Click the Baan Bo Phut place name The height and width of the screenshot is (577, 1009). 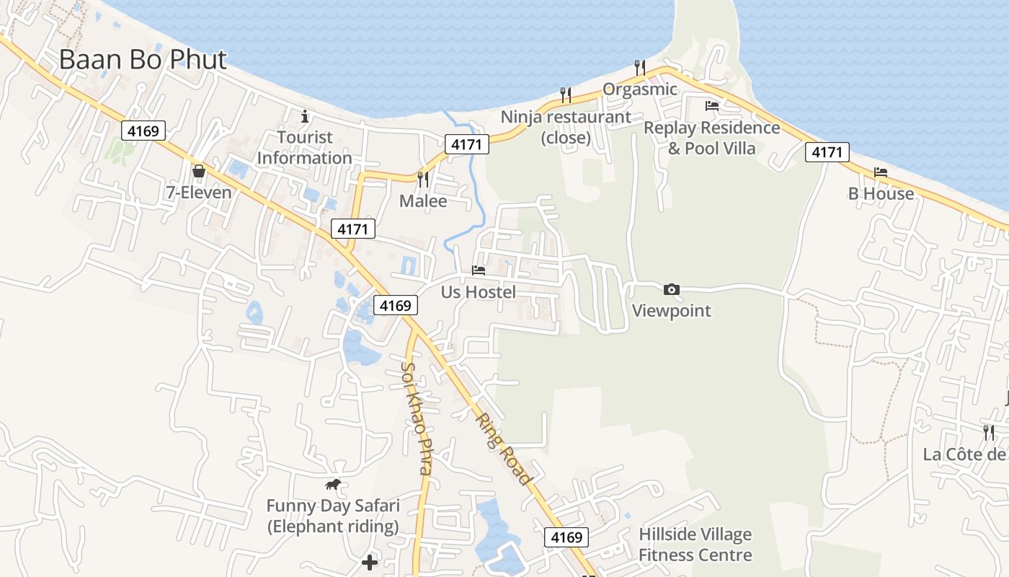tap(143, 60)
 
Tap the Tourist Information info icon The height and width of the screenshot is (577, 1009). tap(305, 115)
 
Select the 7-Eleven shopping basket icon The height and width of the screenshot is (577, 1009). tap(198, 172)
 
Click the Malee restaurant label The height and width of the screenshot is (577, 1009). tap(423, 201)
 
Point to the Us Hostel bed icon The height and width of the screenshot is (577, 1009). tap(479, 270)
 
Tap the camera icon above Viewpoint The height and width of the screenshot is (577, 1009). tap(671, 289)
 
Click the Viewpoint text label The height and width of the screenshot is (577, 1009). tap(671, 311)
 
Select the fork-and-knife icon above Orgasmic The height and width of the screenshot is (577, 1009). tap(639, 67)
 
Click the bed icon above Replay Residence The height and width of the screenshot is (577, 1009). tap(712, 106)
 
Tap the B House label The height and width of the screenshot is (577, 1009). tap(881, 194)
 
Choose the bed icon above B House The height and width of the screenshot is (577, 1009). tap(881, 172)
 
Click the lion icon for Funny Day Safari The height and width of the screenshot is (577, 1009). tap(332, 485)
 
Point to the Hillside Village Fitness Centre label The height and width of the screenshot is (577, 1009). tap(695, 545)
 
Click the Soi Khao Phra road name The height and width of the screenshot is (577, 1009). tap(417, 418)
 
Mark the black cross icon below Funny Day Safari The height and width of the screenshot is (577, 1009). tap(370, 563)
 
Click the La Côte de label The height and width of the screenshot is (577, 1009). tap(964, 454)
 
